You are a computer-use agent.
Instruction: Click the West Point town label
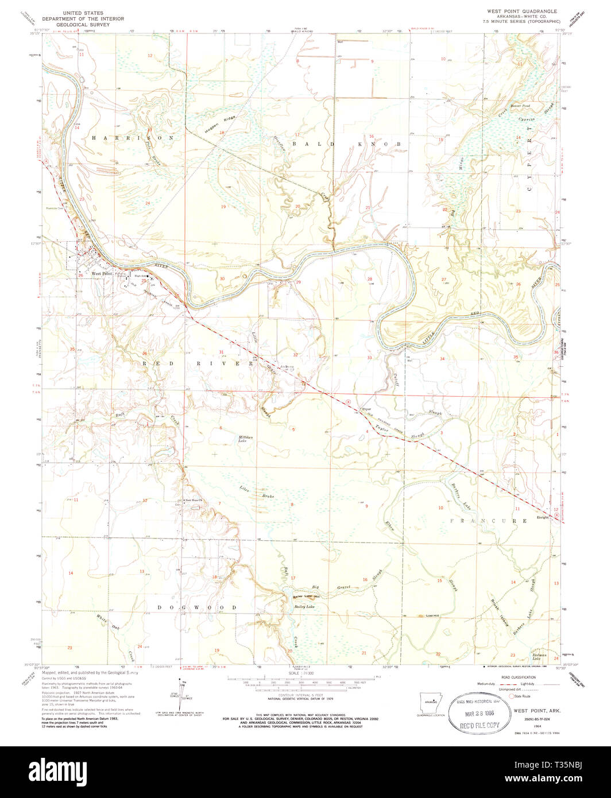102,274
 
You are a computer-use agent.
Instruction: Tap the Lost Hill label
432,615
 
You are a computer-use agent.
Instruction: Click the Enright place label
543,517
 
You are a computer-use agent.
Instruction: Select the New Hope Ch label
194,499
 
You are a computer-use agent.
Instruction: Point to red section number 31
221,351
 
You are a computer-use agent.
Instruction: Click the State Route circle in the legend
500,696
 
